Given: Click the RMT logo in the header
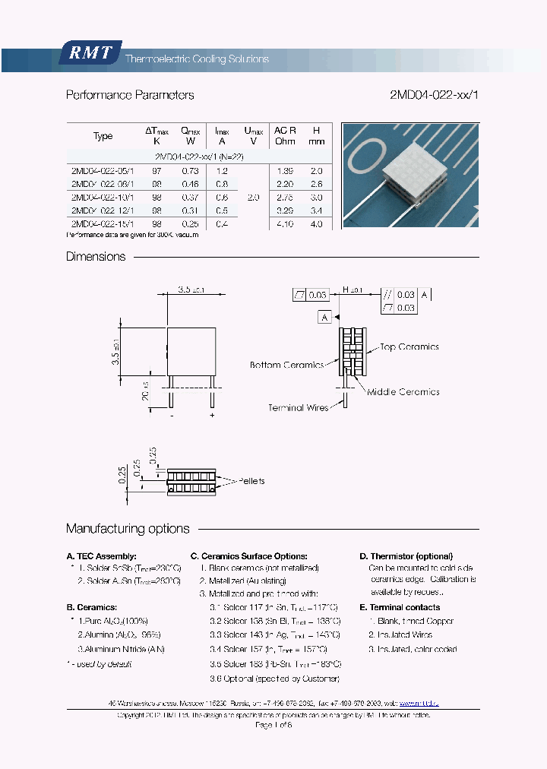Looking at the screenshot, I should point(90,53).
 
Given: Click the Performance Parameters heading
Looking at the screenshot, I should point(130,95).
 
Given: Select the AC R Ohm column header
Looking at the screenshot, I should point(285,136).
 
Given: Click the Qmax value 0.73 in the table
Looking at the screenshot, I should point(191,171).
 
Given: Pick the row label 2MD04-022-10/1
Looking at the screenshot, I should point(103,197).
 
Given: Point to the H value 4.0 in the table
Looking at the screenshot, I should point(317,224).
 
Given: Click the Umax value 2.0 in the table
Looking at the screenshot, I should point(254,197).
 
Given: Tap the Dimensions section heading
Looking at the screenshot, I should point(96,257).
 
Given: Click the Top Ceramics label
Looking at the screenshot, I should point(409,347).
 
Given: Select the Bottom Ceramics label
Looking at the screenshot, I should point(286,366).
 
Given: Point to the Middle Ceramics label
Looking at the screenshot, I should point(403,392).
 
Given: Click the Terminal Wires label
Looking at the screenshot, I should point(298,408).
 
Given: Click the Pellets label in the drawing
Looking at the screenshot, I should point(251,481).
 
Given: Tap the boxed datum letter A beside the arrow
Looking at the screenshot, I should point(324,318).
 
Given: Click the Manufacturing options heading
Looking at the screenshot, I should point(128,529).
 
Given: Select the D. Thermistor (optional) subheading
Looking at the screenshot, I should point(406,556).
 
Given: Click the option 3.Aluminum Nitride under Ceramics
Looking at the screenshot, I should point(121,649).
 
